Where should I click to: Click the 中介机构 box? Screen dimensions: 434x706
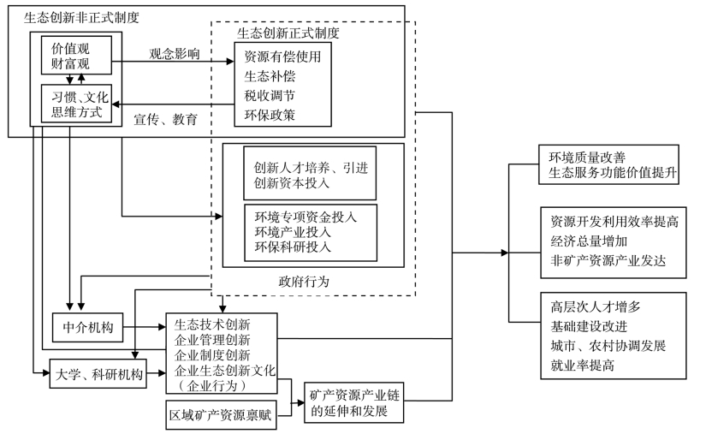click(x=88, y=327)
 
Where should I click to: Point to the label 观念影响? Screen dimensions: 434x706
click(x=173, y=52)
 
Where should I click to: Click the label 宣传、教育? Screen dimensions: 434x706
click(x=165, y=120)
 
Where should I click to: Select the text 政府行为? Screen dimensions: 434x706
click(x=304, y=280)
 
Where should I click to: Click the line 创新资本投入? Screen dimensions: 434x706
click(x=292, y=183)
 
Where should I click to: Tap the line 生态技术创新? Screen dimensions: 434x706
click(x=212, y=324)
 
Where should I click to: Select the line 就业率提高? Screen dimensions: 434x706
click(x=584, y=365)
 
